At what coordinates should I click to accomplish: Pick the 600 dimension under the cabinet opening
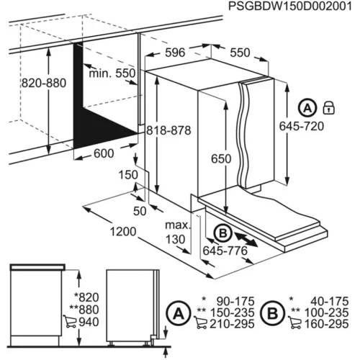pyautogui.click(x=104, y=153)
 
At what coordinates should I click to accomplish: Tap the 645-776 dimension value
pyautogui.click(x=226, y=251)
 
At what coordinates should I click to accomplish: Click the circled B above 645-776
pyautogui.click(x=222, y=233)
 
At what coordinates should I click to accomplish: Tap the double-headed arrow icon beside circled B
pyautogui.click(x=248, y=238)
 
